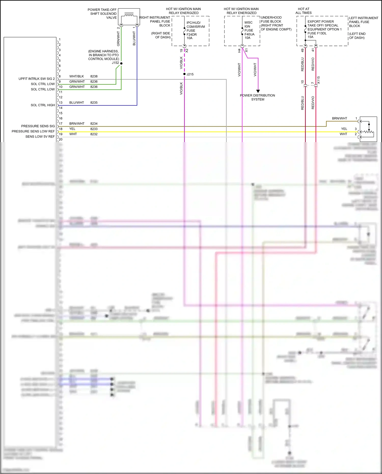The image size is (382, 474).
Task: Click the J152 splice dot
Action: click(121, 63)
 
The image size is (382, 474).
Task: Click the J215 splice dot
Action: click(184, 74)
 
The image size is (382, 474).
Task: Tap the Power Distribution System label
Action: click(257, 97)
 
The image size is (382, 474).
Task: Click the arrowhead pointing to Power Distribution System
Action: click(258, 91)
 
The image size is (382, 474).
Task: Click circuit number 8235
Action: click(94, 103)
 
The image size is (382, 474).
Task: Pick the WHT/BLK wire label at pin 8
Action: click(76, 76)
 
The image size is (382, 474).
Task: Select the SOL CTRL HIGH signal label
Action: click(43, 105)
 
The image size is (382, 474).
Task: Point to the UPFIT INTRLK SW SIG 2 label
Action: click(36, 79)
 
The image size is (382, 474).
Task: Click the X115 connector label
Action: click(318, 80)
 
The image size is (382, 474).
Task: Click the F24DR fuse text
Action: click(192, 34)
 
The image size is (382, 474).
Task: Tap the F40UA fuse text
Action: click(249, 34)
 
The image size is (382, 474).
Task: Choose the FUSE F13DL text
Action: click(317, 33)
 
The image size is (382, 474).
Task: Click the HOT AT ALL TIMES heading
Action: click(303, 11)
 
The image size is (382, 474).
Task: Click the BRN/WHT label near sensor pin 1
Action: click(339, 118)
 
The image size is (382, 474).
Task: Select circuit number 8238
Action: click(94, 76)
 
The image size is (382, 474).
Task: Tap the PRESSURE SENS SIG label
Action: click(38, 126)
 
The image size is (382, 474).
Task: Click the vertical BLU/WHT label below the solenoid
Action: click(134, 38)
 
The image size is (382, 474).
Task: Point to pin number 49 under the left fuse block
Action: click(302, 50)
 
